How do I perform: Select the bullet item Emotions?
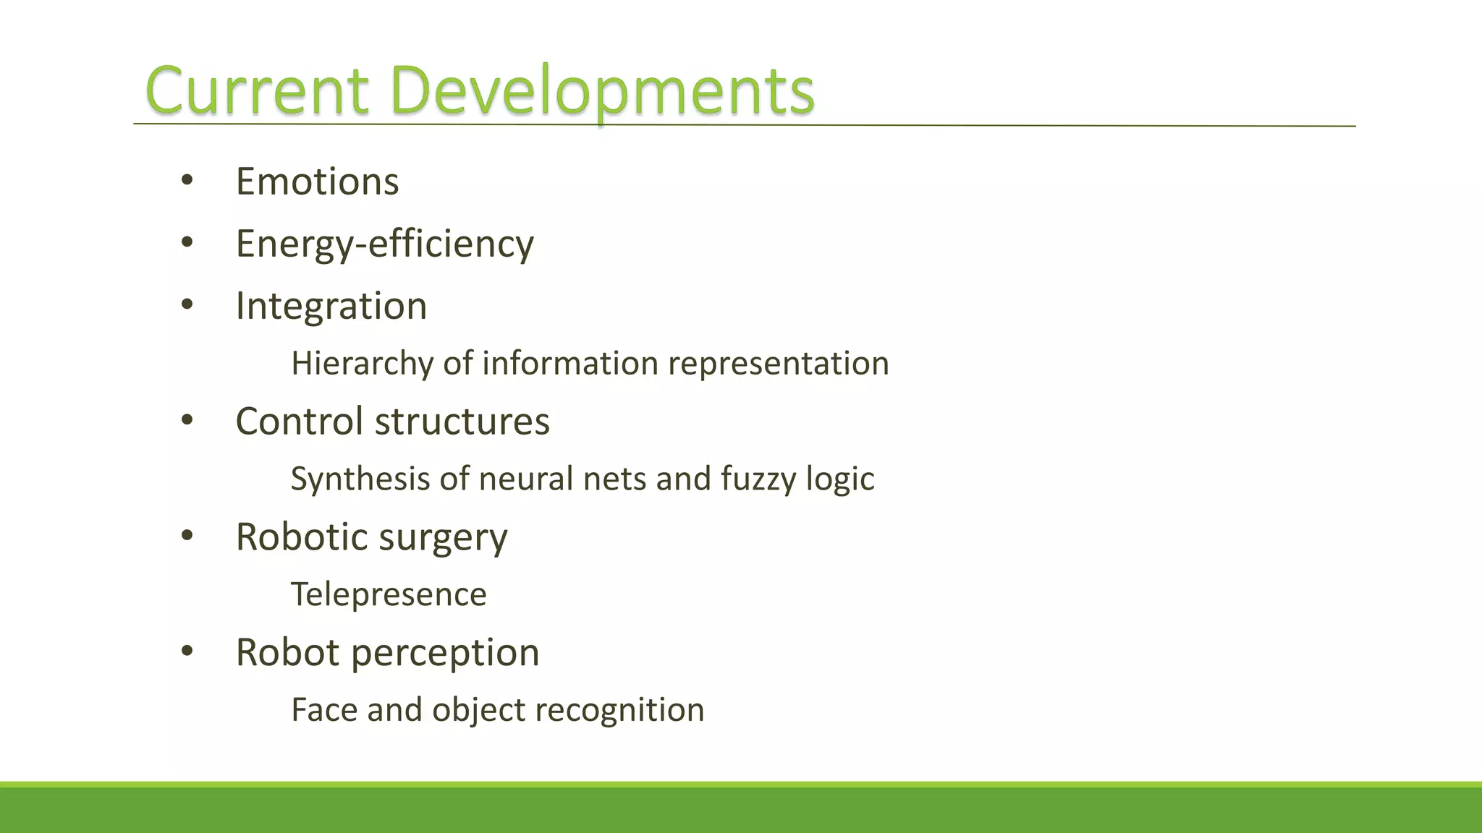317,181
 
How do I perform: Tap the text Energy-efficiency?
384,244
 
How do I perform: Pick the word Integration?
331,306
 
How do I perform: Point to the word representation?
778,363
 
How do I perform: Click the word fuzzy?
758,479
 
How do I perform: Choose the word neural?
526,479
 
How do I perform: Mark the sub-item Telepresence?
389,594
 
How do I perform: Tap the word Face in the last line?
324,709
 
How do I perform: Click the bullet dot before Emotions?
187,181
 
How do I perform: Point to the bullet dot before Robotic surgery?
187,536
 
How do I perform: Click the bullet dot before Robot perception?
187,652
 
